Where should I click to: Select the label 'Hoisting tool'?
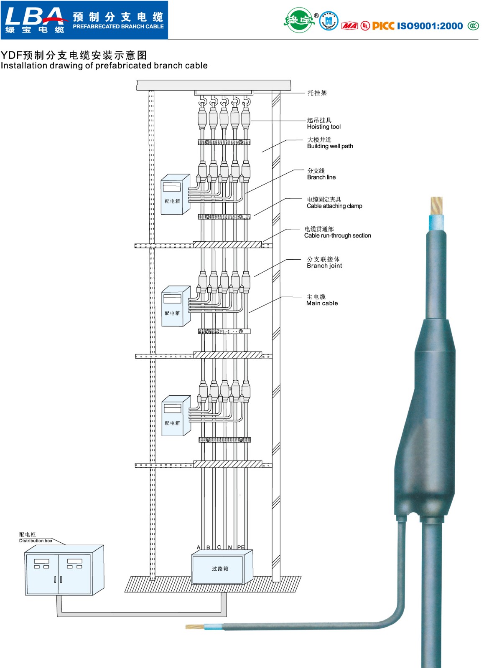tap(324, 127)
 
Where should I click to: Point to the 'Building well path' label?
tap(330, 146)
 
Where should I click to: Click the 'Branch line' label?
tap(321, 177)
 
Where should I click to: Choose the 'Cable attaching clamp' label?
tap(334, 206)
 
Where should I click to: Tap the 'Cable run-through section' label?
tap(337, 235)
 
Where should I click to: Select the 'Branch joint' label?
tap(324, 266)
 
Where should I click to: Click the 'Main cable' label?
tap(322, 304)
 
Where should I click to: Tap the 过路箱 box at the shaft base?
tap(220, 569)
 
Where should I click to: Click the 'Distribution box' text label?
tap(36, 541)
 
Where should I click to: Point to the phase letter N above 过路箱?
tap(230, 547)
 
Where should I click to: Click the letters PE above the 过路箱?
tap(241, 547)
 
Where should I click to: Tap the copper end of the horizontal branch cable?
tap(194, 627)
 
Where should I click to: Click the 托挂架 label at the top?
tap(317, 93)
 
